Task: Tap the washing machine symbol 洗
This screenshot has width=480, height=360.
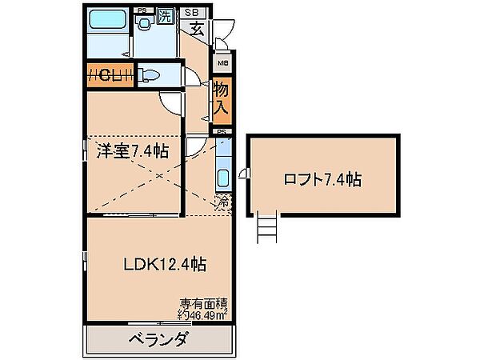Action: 166,14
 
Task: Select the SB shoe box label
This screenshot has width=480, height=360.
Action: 192,12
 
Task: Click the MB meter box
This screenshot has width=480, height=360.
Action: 223,62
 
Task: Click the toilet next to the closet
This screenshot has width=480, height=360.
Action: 150,75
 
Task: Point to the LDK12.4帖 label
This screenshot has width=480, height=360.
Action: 166,262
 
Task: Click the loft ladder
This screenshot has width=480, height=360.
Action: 266,229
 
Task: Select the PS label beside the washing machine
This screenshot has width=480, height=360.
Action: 142,10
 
